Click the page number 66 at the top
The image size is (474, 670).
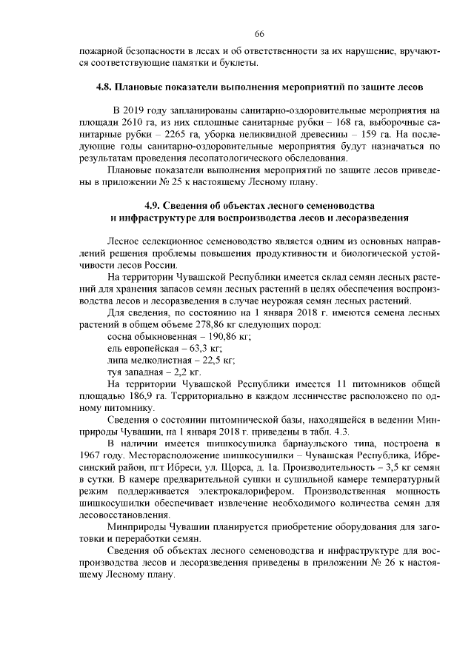(258, 35)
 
